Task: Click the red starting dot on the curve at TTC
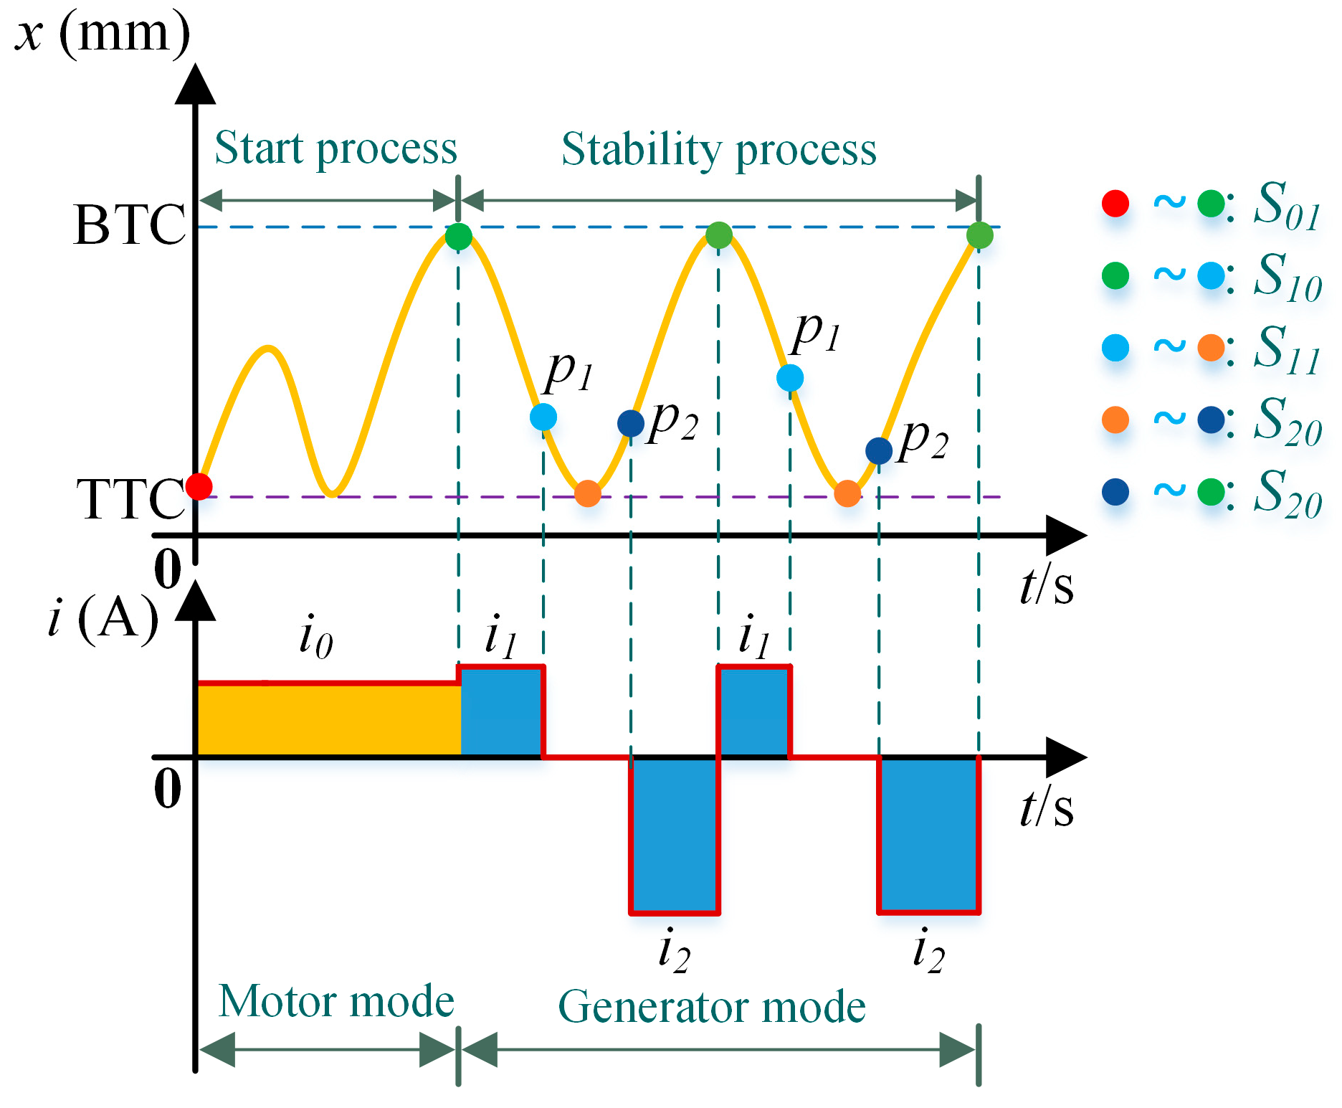coord(199,486)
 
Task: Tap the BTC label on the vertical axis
coord(129,224)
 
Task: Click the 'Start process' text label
coord(335,148)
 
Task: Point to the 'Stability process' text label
coord(718,150)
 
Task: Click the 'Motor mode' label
coord(336,1001)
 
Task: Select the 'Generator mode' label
coord(712,1006)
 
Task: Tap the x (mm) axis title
coord(103,33)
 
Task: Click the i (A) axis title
coord(103,617)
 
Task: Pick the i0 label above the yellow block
coord(315,636)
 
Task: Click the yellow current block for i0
coord(329,720)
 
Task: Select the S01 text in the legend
coord(1286,206)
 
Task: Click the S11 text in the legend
coord(1286,350)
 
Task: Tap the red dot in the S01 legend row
coord(1115,204)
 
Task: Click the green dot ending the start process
coord(459,236)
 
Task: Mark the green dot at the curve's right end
coord(979,235)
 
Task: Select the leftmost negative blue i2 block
coord(674,835)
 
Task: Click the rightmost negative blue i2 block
coord(929,835)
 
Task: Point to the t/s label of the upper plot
coord(1046,585)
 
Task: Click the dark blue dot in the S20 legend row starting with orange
coord(1211,420)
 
